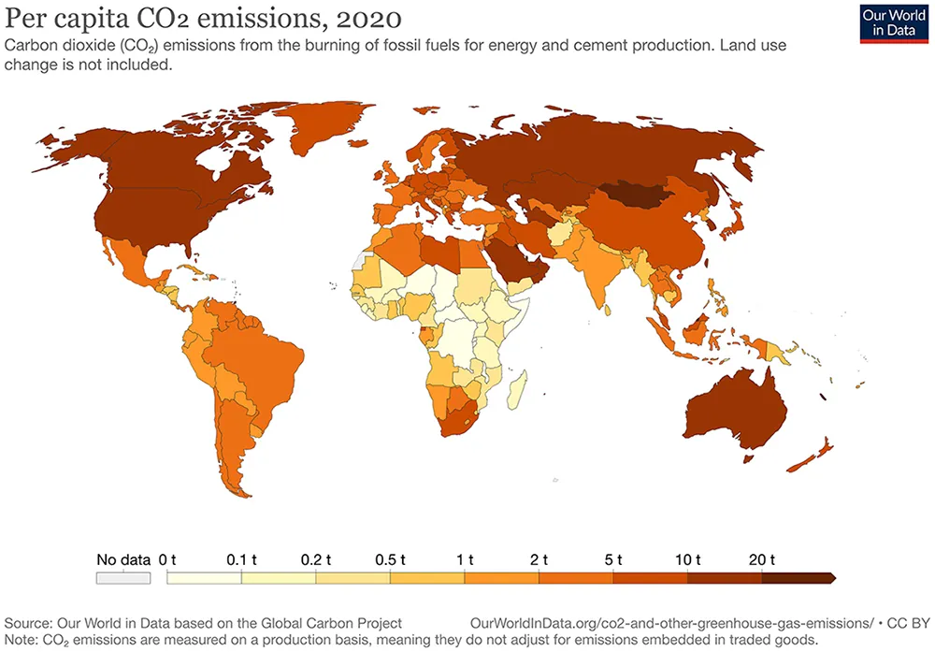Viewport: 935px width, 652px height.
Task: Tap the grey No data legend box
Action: pyautogui.click(x=123, y=578)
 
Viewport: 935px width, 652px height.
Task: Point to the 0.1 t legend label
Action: pyautogui.click(x=241, y=559)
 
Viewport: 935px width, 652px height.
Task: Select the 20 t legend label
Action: pyautogui.click(x=760, y=559)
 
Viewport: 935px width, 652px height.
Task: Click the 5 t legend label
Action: pyautogui.click(x=613, y=559)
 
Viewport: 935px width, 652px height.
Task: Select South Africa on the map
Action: pyautogui.click(x=455, y=418)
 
